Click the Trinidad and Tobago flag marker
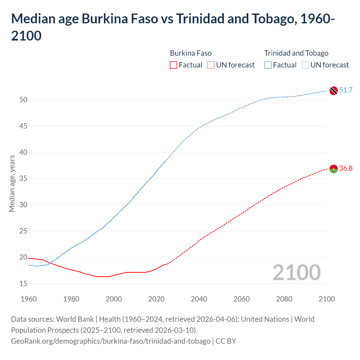point(333,91)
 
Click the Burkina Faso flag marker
point(333,169)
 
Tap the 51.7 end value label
point(346,90)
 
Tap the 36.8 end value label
point(346,168)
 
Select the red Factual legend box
point(174,65)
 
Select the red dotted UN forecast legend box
point(211,65)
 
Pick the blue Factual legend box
point(268,65)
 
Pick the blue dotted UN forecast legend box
point(305,65)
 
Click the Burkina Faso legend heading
point(191,53)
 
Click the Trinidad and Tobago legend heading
point(296,53)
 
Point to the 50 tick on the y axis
point(23,100)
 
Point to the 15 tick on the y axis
point(23,283)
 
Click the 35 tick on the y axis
point(23,179)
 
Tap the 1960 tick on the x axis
point(29,299)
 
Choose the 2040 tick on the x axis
point(199,299)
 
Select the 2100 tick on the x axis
point(327,299)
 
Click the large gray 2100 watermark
point(296,272)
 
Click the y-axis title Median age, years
point(12,183)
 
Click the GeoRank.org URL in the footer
point(111,341)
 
